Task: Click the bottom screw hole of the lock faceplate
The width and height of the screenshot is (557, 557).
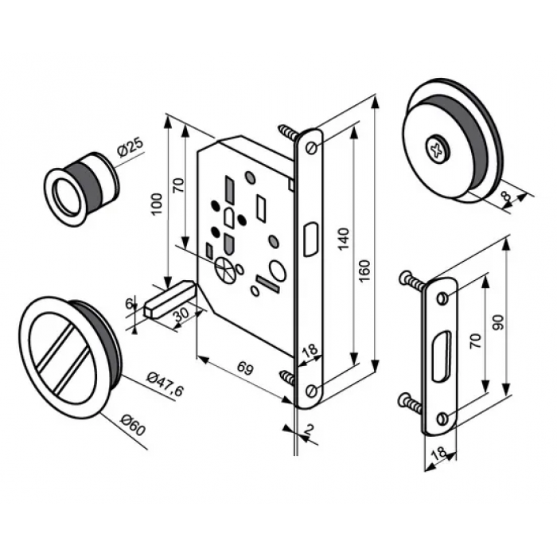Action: click(x=310, y=389)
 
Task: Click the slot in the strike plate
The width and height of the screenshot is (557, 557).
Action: click(x=442, y=352)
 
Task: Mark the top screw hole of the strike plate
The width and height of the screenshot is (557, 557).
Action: click(x=442, y=298)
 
